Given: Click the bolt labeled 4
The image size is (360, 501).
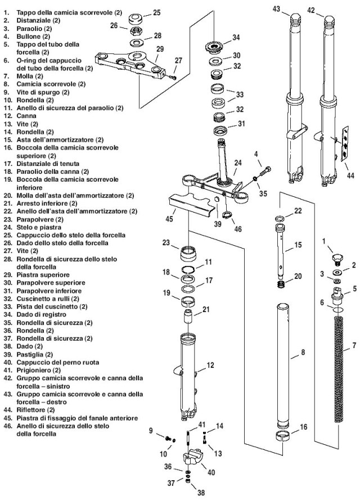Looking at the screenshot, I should pos(265,170).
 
